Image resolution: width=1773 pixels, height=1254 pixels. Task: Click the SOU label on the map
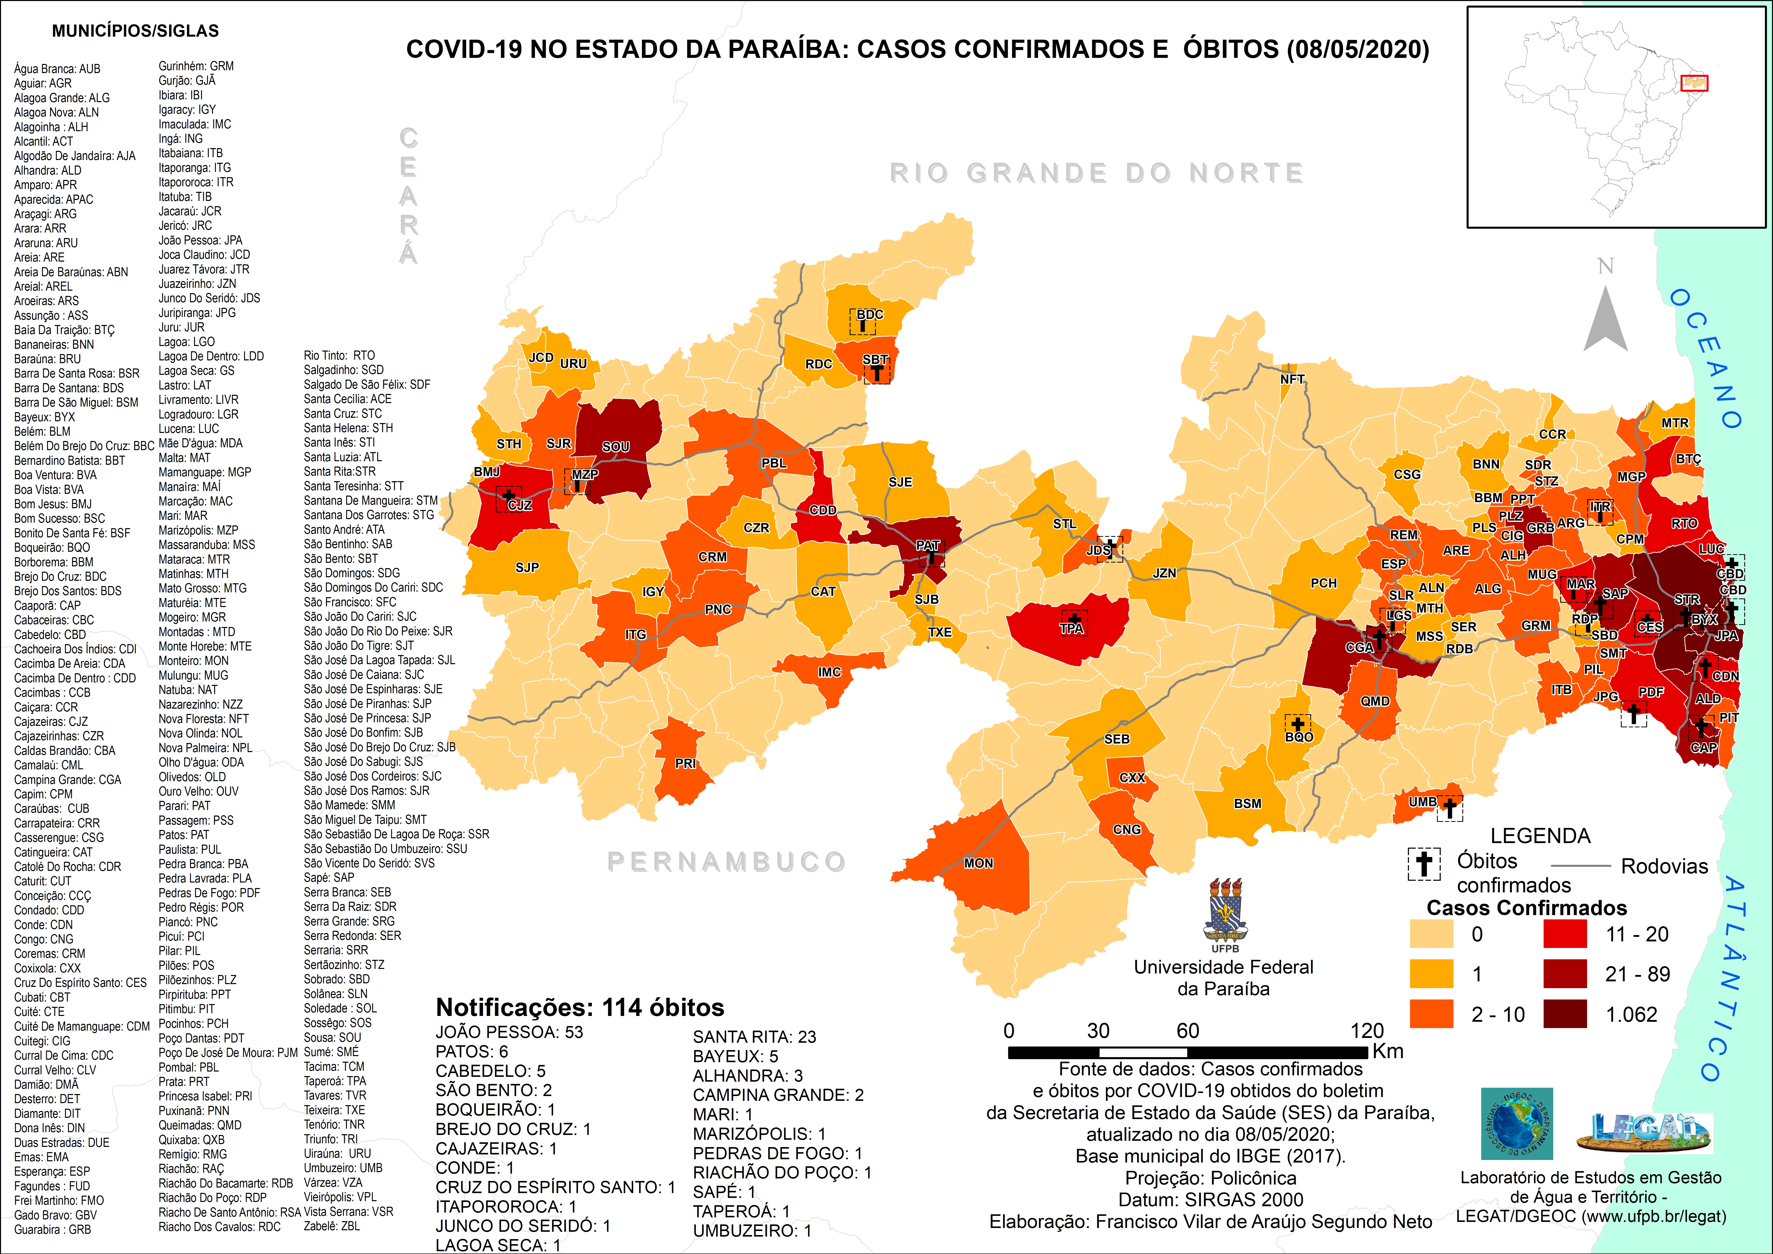click(615, 447)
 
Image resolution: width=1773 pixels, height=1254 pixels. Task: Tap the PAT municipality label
click(928, 545)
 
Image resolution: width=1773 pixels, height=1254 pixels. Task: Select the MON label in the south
click(978, 863)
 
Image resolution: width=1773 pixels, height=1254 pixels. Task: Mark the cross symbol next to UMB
click(1450, 808)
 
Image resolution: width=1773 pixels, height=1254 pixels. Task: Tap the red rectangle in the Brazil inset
click(1694, 83)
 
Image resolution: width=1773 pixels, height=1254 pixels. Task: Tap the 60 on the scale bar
click(1188, 1031)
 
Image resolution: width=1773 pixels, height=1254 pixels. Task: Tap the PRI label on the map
click(685, 763)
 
